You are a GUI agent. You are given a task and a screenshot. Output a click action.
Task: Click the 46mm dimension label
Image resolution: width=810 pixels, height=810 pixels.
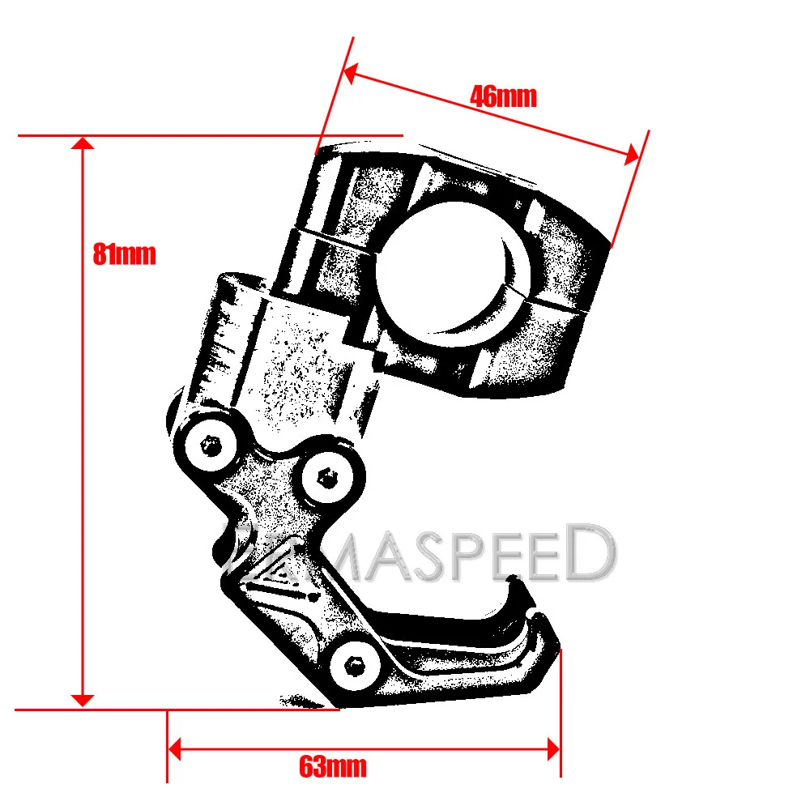point(503,96)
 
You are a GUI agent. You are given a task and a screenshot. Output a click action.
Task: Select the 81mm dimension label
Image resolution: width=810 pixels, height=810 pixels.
point(124,254)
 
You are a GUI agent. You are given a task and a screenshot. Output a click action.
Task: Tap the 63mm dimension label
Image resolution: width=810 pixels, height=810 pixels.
point(333,766)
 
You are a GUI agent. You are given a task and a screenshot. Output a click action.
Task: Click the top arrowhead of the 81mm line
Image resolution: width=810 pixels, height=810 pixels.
point(82,143)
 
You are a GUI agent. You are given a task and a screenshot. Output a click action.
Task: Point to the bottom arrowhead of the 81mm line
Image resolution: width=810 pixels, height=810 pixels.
point(82,701)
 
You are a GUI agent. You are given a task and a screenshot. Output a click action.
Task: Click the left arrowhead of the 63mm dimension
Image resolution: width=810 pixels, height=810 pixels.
point(175,749)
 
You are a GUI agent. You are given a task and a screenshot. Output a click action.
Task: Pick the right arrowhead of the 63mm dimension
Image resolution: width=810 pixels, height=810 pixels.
point(554,749)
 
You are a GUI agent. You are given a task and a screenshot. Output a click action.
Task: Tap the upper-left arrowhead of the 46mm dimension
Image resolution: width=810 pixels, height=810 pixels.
point(350,74)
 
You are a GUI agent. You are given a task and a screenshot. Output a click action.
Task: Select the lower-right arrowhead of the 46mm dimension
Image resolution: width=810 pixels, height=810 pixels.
point(633,155)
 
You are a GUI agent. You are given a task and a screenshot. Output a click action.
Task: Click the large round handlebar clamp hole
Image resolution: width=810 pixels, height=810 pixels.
point(453,273)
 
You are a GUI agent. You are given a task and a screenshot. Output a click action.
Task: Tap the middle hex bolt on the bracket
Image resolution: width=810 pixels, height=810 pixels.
point(327,478)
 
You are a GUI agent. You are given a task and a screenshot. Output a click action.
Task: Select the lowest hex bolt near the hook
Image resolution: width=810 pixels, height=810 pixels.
point(355,665)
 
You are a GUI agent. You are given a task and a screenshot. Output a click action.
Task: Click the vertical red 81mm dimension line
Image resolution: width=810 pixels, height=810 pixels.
point(82,421)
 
